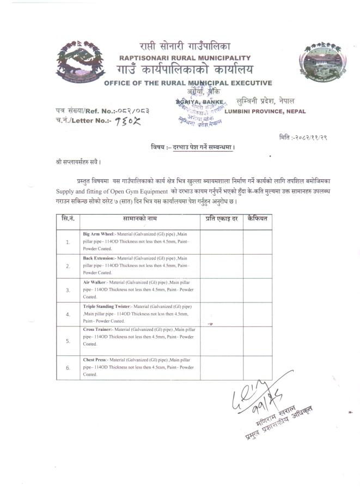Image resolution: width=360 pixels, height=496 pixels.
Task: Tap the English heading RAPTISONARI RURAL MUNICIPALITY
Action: point(185,58)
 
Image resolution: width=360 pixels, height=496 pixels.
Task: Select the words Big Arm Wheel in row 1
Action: point(99,234)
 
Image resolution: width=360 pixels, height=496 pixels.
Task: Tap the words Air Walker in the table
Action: point(95,282)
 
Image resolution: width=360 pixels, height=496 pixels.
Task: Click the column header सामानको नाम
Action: point(139,218)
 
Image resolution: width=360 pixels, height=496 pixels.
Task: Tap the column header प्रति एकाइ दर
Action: point(221,218)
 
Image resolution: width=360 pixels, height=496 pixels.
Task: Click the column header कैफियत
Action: point(257,218)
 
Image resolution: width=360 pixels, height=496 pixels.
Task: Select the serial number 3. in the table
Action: point(68,290)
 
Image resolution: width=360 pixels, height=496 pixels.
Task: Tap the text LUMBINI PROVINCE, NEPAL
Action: point(265,112)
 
